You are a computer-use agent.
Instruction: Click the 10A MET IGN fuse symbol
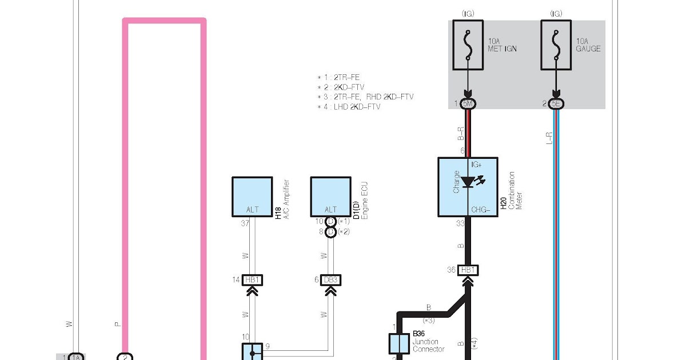click(x=468, y=45)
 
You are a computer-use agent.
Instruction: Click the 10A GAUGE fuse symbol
click(x=556, y=45)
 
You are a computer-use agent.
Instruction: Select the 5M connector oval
click(x=468, y=104)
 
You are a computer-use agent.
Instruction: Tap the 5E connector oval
click(x=556, y=104)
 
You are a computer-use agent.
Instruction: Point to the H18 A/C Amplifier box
click(x=252, y=197)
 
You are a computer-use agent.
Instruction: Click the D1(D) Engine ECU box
click(x=331, y=197)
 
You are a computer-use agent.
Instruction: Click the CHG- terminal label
click(x=481, y=210)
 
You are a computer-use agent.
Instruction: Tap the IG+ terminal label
click(x=476, y=165)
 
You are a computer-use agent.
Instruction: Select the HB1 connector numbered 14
click(x=252, y=280)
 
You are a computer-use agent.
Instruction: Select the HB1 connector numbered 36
click(x=468, y=270)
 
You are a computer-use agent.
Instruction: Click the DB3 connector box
click(x=331, y=280)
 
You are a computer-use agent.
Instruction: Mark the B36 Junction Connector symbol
click(x=399, y=344)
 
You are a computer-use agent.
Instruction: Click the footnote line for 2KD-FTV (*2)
click(x=341, y=87)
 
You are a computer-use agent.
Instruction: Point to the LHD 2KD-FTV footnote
click(x=349, y=107)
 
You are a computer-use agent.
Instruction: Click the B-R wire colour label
click(x=461, y=134)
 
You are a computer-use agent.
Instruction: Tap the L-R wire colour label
click(x=550, y=138)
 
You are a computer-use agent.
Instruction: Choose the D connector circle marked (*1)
click(x=330, y=221)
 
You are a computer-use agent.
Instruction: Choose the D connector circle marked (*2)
click(x=330, y=232)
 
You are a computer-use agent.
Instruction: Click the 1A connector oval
click(x=76, y=357)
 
